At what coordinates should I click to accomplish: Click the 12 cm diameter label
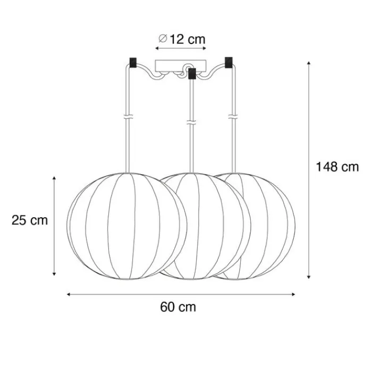(x=182, y=39)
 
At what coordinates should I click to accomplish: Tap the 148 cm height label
(x=337, y=167)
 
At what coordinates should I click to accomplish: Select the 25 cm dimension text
(x=30, y=221)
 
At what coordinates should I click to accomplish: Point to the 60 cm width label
(x=178, y=307)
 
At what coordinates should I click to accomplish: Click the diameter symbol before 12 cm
(x=163, y=38)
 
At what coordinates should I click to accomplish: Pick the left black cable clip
(x=133, y=63)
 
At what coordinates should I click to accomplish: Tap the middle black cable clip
(x=192, y=73)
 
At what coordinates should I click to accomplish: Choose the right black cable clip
(x=228, y=63)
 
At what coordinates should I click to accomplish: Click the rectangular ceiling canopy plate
(x=181, y=66)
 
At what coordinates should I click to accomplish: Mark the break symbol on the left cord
(x=128, y=116)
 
